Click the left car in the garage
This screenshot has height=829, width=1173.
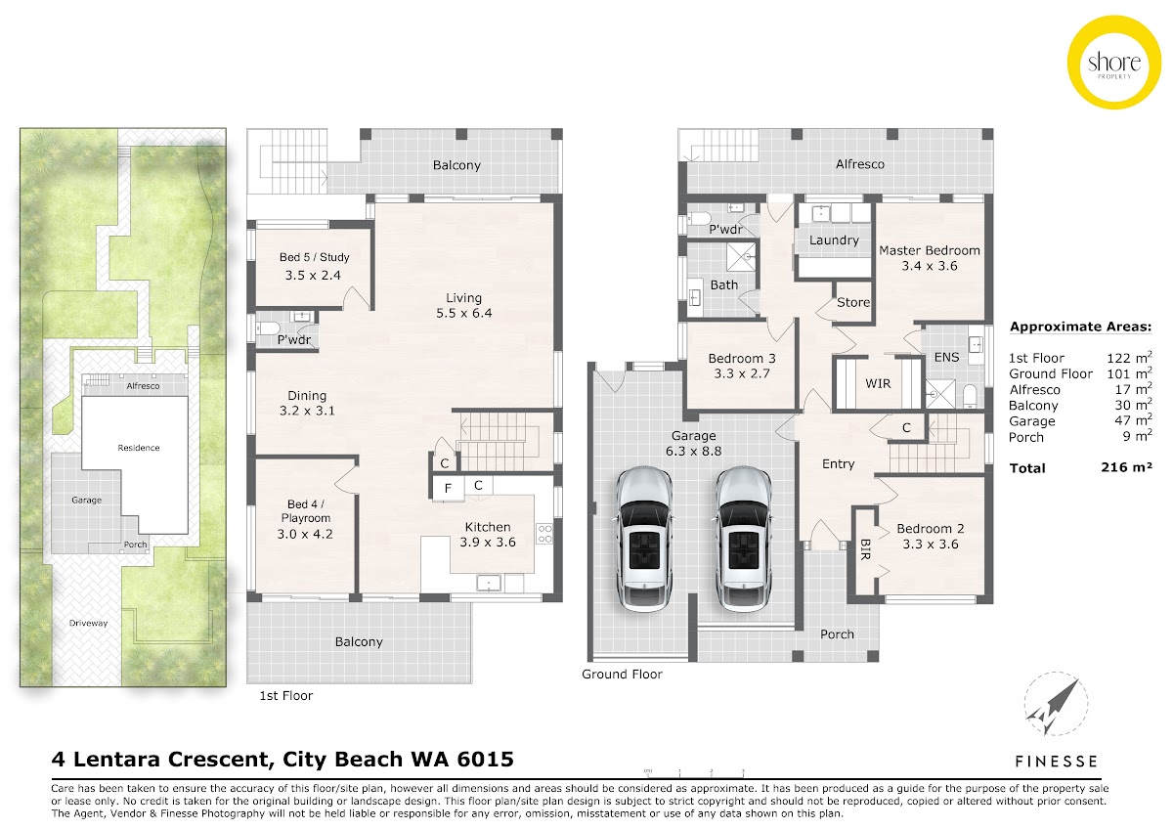643,540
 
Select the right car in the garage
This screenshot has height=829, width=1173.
744,540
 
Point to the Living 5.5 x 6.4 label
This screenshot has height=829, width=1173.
464,305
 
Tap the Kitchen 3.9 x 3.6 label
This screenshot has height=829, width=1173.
488,534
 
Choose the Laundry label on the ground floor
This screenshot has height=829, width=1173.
834,240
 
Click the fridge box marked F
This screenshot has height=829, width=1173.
448,488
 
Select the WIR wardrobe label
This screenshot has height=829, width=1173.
878,384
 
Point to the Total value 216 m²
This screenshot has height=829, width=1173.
1126,467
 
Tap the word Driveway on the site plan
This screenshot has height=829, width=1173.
88,623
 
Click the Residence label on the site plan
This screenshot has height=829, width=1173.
138,448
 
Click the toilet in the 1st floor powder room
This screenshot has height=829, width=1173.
268,328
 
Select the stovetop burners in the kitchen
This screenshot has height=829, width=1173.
544,534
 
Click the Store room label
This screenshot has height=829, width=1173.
853,302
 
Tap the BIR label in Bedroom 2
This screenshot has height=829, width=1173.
865,549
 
